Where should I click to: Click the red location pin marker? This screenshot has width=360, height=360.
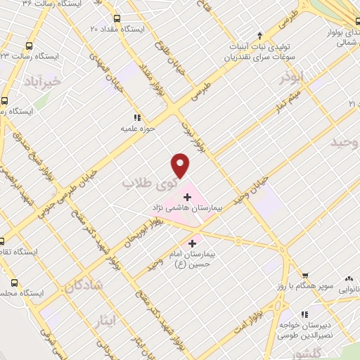pos(181,166)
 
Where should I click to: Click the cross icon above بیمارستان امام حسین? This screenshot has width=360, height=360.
pos(193,243)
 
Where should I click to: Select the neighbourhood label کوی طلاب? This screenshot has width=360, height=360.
pos(148,185)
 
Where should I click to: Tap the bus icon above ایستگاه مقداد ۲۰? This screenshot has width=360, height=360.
pos(116,19)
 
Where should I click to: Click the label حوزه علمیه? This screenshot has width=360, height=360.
pos(137,129)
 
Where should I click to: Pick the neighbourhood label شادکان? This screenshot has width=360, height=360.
pos(85,284)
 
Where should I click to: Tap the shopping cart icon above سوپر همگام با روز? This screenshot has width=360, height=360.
pos(304,276)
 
